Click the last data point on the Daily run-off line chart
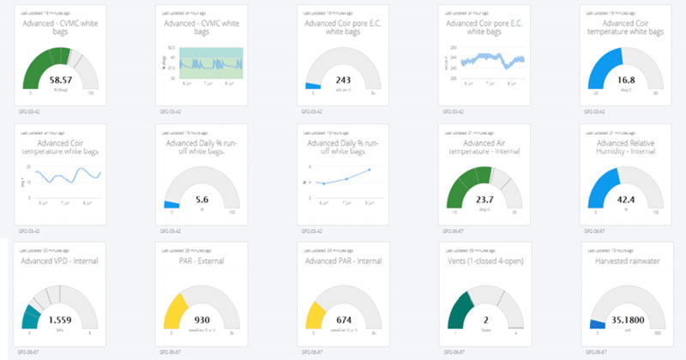point(369,169)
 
